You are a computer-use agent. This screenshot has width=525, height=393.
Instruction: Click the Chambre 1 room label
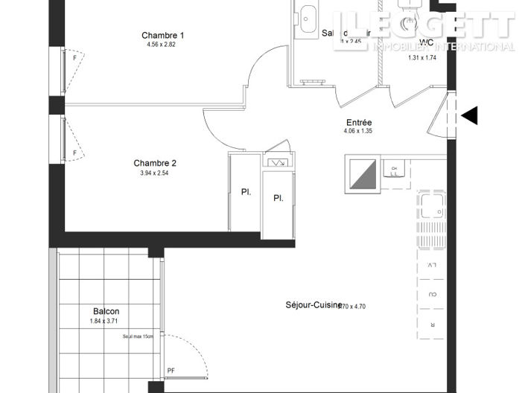(163, 35)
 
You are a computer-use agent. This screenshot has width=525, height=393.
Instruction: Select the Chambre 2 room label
(155, 163)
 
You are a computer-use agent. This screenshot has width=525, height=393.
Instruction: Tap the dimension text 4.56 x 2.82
(163, 45)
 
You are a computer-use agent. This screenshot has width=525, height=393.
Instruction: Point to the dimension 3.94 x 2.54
(155, 173)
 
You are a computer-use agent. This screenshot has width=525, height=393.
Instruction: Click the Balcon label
(106, 311)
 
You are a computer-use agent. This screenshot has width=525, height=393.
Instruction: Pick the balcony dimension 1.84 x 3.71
(106, 321)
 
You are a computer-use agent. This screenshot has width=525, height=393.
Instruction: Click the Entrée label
(359, 122)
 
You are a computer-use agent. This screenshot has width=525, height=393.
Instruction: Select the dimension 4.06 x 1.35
(359, 131)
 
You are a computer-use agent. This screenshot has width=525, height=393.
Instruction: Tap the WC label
(427, 42)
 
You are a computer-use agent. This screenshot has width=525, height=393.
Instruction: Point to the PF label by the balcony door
(171, 370)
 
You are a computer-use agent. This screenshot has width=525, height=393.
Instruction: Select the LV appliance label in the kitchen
(432, 265)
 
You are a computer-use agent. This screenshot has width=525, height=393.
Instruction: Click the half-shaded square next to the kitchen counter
(360, 174)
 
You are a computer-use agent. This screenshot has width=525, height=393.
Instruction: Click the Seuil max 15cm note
(139, 336)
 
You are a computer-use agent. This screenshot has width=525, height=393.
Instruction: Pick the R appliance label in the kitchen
(432, 325)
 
